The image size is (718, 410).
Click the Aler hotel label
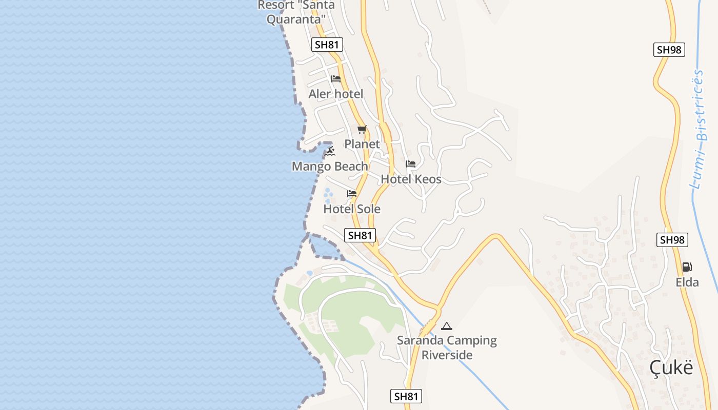(x=335, y=94)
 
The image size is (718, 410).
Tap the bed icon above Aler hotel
(x=336, y=79)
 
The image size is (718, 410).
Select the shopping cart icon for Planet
(x=362, y=130)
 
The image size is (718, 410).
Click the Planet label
(x=362, y=144)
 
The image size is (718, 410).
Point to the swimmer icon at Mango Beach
(x=330, y=151)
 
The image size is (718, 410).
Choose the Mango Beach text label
(x=330, y=166)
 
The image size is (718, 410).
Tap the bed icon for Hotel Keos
(x=411, y=164)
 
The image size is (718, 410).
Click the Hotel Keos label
(x=411, y=179)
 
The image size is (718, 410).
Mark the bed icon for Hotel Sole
(x=352, y=194)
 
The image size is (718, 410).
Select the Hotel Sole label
(x=352, y=209)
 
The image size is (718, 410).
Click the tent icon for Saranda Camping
(x=447, y=326)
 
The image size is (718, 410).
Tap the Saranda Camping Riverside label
(x=447, y=347)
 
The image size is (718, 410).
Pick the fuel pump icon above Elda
(x=687, y=267)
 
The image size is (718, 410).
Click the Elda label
(x=687, y=282)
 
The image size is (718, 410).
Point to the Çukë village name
(x=671, y=367)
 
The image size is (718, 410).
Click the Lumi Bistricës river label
(x=701, y=128)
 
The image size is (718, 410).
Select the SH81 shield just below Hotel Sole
(x=360, y=235)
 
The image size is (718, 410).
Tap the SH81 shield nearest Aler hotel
(x=327, y=45)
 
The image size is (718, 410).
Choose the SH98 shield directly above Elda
(x=672, y=239)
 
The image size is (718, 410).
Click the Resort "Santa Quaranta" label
(x=296, y=12)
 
